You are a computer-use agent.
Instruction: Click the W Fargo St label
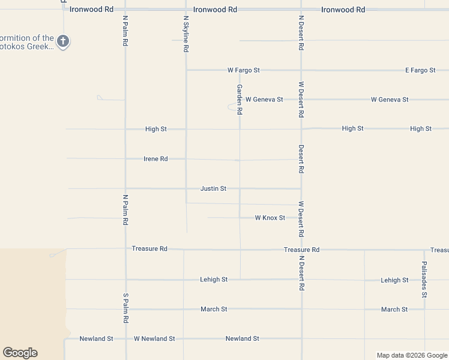click(243, 70)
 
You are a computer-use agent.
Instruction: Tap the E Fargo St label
click(420, 70)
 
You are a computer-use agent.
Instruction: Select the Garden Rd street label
click(239, 100)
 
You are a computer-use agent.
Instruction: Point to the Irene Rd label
click(155, 159)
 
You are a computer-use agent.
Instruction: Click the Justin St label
click(213, 188)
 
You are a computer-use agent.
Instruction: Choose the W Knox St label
click(270, 218)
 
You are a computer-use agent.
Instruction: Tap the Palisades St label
click(424, 279)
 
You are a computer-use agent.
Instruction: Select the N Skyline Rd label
click(186, 34)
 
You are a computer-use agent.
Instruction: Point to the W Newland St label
click(154, 338)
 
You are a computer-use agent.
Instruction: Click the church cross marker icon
click(63, 41)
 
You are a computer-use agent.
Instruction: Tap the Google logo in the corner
click(20, 353)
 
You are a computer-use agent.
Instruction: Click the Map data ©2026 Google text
click(412, 355)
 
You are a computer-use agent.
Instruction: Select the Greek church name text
click(27, 42)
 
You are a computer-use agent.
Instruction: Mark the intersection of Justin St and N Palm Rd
click(125, 189)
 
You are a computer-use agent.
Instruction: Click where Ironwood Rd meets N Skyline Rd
click(186, 10)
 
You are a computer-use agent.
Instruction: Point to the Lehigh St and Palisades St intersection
click(424, 280)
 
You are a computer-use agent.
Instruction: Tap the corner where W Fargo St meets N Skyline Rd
click(187, 70)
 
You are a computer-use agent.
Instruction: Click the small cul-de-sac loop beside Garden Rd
click(232, 107)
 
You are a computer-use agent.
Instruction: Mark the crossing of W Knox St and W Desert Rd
click(301, 218)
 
